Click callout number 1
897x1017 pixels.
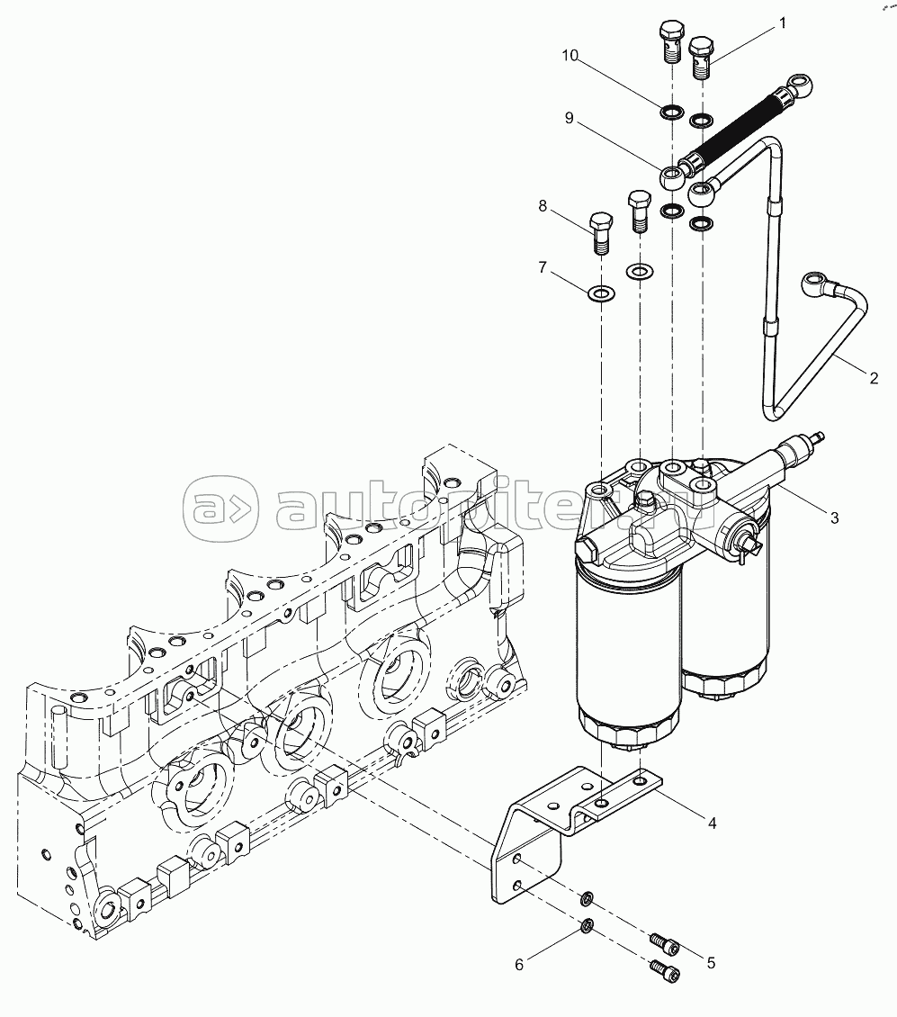(x=782, y=23)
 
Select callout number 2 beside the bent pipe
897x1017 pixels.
(x=874, y=379)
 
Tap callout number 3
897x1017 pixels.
(x=835, y=517)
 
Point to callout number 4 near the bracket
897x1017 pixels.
(x=713, y=823)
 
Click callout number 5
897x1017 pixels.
(x=711, y=963)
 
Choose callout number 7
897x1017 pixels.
(x=543, y=267)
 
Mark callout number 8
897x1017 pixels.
(x=543, y=206)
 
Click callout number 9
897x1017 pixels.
(x=569, y=118)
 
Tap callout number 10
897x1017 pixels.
(x=570, y=56)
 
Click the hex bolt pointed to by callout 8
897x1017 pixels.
(x=601, y=233)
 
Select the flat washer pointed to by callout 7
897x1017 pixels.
(x=601, y=293)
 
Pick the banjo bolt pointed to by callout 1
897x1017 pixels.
(x=701, y=58)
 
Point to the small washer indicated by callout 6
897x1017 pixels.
(x=587, y=927)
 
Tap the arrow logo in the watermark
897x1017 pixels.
(x=220, y=509)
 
